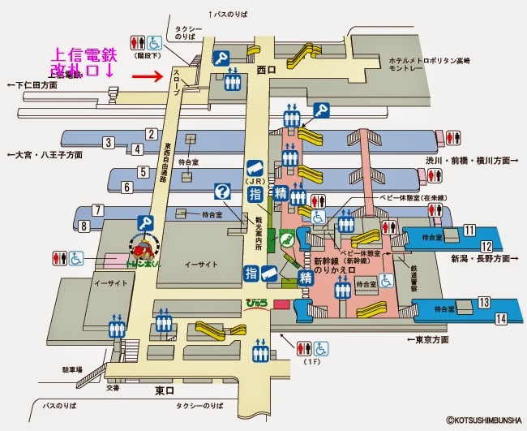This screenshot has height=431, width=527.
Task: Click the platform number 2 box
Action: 150,133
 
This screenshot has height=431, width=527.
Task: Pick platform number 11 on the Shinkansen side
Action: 469,231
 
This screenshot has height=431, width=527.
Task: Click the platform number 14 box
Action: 501,318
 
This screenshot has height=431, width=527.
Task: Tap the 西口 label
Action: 267,71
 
